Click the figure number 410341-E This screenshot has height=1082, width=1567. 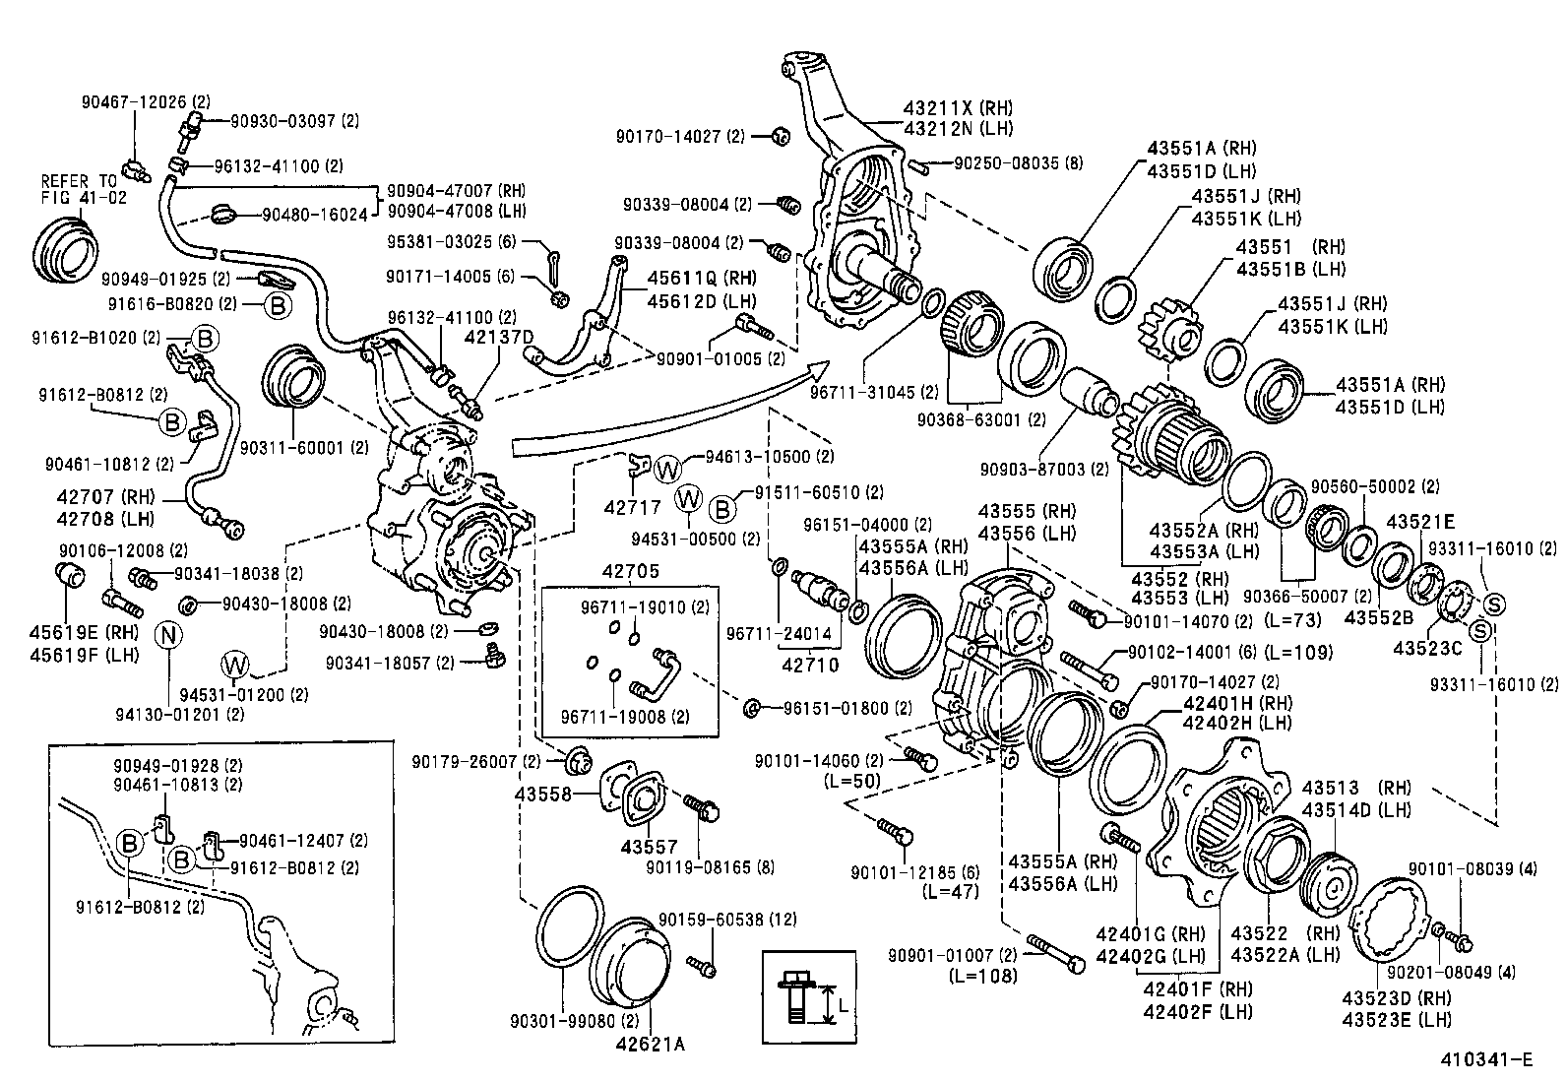coord(1487,1059)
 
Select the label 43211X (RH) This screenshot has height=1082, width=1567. coord(959,107)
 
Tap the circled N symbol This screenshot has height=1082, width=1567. coord(168,634)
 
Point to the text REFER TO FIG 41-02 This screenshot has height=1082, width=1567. coord(78,189)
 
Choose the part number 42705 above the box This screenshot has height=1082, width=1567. coord(630,571)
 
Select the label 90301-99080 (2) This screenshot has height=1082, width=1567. coord(566,1021)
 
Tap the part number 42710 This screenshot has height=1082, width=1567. coord(810,665)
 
